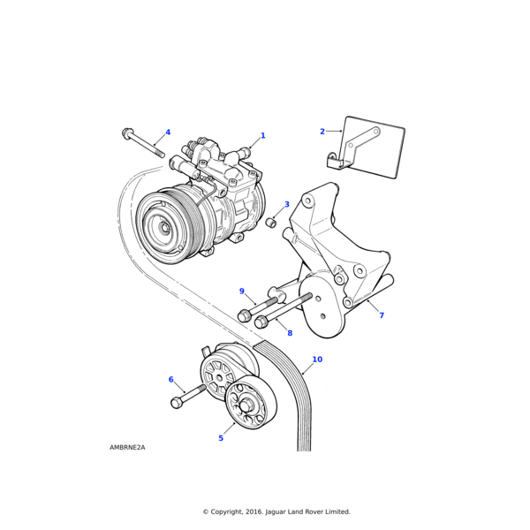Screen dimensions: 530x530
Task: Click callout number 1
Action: (x=262, y=136)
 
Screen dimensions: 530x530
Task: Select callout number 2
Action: (x=322, y=132)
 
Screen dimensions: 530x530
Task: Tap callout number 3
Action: (x=286, y=205)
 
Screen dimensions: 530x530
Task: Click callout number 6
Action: (x=170, y=379)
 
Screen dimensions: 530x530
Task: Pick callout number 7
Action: (x=381, y=315)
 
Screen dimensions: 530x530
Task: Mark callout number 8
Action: (x=289, y=333)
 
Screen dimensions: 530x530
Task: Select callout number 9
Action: (x=241, y=291)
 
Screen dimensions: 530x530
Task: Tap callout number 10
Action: (x=316, y=360)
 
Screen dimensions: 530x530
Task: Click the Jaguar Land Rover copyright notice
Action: (x=276, y=511)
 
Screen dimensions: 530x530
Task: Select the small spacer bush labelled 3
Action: (x=272, y=222)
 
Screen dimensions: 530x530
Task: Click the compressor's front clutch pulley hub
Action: (x=163, y=227)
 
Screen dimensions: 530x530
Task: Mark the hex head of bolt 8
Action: (x=261, y=322)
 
